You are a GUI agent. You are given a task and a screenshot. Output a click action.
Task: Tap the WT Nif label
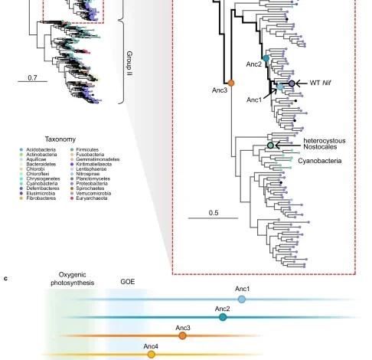[321, 82]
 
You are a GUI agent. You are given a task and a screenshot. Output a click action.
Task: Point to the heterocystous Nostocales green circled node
[270, 145]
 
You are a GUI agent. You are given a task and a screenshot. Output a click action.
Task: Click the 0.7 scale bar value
[33, 77]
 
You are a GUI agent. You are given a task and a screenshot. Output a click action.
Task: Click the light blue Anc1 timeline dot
[242, 299]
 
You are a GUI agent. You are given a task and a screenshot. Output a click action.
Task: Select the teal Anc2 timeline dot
[222, 317]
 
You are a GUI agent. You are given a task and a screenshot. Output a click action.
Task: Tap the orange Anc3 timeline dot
[182, 335]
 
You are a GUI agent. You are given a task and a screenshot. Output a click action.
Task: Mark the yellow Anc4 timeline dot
[152, 354]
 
